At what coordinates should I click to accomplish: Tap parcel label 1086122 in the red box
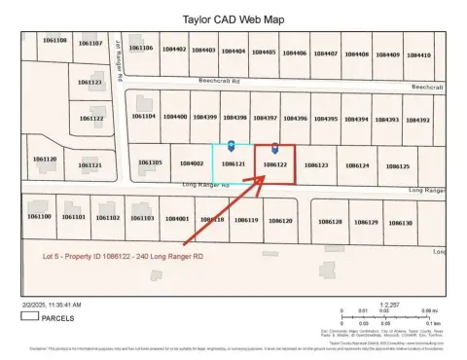274,165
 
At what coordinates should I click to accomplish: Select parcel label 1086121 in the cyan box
233,165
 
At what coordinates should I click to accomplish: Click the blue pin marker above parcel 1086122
274,148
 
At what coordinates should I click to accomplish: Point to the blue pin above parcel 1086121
231,145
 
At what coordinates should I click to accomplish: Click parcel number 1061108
55,40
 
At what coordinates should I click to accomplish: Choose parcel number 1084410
417,54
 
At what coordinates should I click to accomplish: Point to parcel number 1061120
45,159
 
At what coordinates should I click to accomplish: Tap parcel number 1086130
401,223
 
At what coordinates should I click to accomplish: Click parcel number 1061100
39,216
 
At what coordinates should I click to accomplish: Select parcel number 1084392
416,120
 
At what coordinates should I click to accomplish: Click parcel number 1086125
395,166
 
